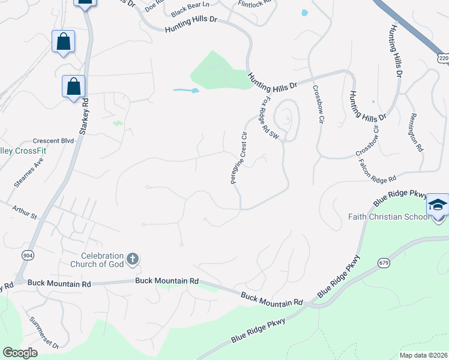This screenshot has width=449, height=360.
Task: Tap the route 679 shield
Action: pos(384,263)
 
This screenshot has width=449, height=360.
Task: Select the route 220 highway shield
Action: pos(443,58)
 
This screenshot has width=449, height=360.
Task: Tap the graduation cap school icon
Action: pos(438,205)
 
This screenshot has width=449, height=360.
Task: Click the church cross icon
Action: pos(133,260)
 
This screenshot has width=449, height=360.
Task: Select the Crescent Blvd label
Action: pos(53,141)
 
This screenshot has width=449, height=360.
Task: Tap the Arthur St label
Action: pos(25,211)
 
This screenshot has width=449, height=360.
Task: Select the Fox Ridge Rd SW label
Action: pos(270,119)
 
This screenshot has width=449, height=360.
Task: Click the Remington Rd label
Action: pos(416,132)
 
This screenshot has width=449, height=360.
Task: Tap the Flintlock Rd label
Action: pos(255,4)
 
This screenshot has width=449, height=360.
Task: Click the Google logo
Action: pos(20,353)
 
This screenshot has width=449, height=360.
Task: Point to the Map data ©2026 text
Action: pos(423,355)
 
